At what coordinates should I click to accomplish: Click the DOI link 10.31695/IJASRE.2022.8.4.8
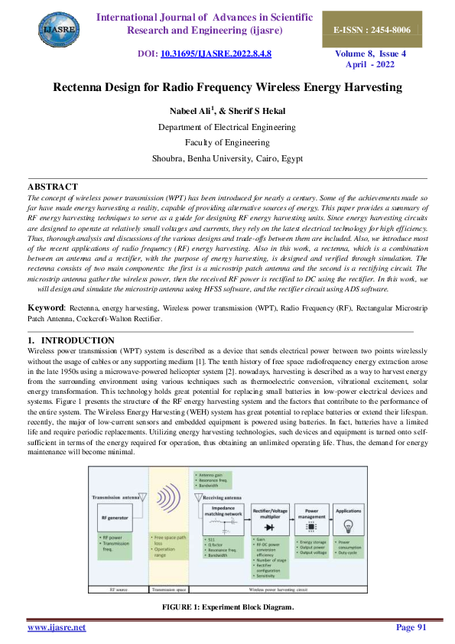coord(216,54)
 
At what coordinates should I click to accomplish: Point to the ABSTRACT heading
coord(52,187)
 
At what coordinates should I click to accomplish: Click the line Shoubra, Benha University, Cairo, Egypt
coord(228,158)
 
